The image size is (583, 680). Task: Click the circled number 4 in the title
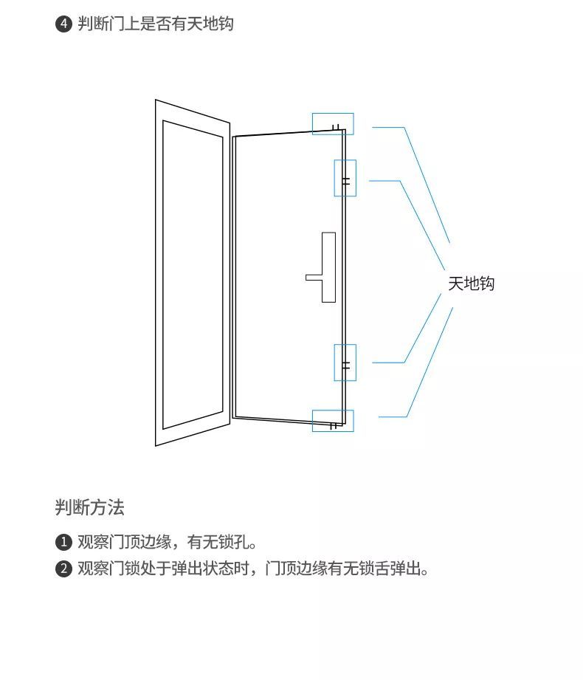pyautogui.click(x=63, y=24)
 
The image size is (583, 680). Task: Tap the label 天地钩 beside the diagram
pyautogui.click(x=471, y=284)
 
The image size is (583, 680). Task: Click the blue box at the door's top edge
pyautogui.click(x=333, y=114)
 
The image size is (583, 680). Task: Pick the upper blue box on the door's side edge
pyautogui.click(x=334, y=178)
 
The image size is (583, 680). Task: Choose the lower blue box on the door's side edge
pyautogui.click(x=334, y=363)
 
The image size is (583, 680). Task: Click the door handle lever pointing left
pyautogui.click(x=314, y=278)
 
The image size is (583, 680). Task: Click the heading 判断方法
pyautogui.click(x=90, y=507)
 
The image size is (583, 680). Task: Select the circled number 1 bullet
pyautogui.click(x=63, y=542)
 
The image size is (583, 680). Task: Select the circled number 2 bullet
pyautogui.click(x=63, y=569)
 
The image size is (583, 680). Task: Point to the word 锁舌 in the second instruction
pyautogui.click(x=373, y=569)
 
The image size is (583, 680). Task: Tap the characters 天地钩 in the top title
pyautogui.click(x=210, y=24)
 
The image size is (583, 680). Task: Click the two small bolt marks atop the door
pyautogui.click(x=336, y=128)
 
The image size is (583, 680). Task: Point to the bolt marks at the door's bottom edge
pyautogui.click(x=333, y=426)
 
